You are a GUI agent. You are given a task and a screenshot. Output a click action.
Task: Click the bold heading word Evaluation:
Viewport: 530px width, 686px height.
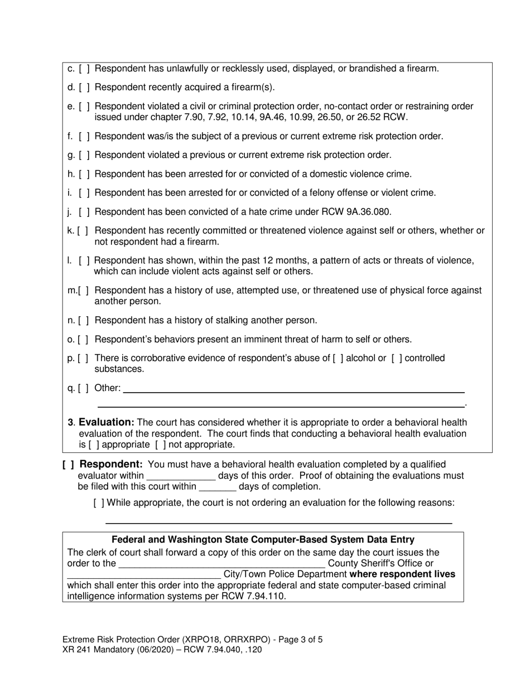point(107,422)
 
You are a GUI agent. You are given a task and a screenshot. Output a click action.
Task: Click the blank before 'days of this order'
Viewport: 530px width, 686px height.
point(180,476)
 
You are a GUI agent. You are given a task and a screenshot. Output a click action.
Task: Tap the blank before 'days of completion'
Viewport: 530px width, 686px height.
point(217,486)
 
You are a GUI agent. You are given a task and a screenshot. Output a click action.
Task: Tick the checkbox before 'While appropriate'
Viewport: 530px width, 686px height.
point(99,503)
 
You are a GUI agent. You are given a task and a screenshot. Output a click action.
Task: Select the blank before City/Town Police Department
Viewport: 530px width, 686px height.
point(144,574)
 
